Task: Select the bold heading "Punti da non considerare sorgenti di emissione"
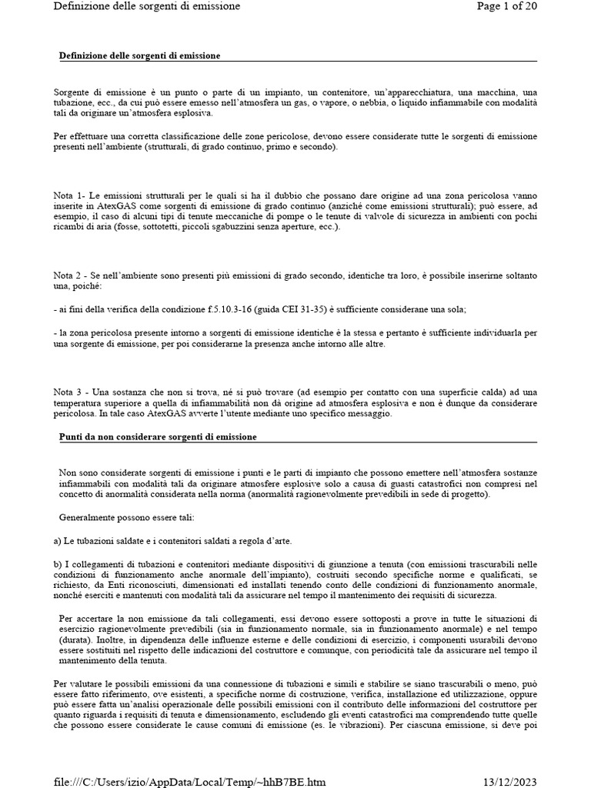(158, 437)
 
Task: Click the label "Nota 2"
(71, 275)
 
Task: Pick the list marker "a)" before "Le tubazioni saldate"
(58, 541)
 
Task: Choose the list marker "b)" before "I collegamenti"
(58, 565)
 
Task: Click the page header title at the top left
(147, 6)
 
